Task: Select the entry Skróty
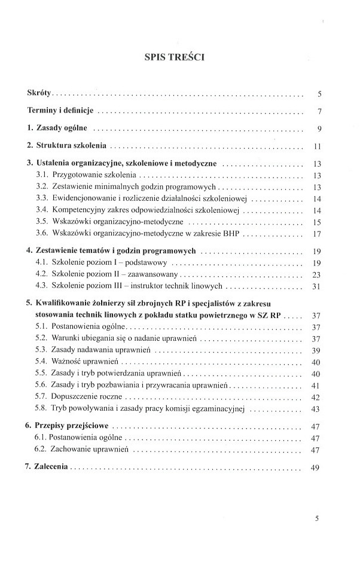(40, 93)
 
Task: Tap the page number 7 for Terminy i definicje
(320, 112)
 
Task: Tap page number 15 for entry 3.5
(318, 222)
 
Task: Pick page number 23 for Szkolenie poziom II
(318, 274)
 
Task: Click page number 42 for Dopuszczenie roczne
(318, 397)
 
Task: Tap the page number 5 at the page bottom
(318, 518)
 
